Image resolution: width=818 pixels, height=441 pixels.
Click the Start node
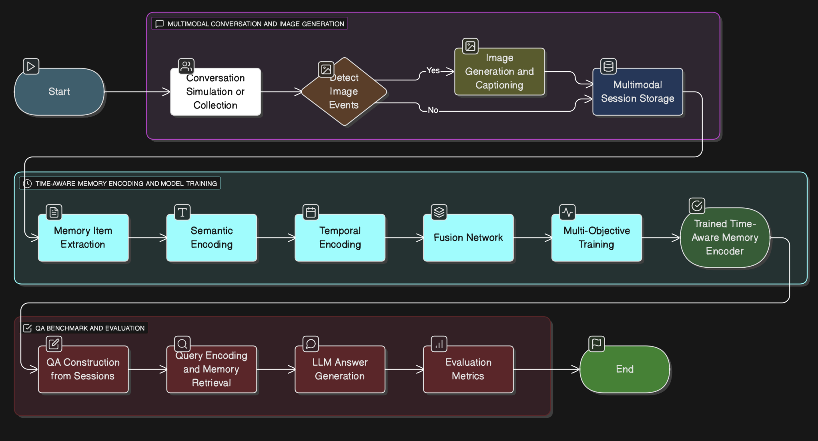59,92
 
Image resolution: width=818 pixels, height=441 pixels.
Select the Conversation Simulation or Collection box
215,92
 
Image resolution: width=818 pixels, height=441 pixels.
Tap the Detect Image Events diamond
344,92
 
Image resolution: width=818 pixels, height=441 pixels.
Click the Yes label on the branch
433,70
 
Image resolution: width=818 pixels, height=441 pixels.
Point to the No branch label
433,110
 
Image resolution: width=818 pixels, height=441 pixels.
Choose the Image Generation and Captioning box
499,72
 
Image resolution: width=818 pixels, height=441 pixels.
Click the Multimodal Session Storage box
637,92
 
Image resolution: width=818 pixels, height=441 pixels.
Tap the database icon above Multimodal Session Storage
608,66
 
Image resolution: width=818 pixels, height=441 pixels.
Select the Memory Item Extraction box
83,238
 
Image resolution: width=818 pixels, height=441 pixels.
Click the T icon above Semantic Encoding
182,212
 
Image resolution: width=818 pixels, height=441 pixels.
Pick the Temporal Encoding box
340,238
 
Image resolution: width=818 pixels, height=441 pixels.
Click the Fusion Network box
468,238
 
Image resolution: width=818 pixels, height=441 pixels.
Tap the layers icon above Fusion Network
439,212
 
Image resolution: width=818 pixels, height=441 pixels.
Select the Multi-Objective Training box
596,238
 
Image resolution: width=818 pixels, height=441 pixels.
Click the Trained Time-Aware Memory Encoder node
724,238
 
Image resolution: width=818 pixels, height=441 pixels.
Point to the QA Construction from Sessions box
83,369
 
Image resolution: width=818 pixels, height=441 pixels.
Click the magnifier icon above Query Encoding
182,344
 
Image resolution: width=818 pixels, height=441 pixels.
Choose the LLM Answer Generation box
340,369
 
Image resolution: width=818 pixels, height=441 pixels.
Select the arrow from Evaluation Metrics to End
546,369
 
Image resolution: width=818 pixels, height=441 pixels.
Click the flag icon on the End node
596,344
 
